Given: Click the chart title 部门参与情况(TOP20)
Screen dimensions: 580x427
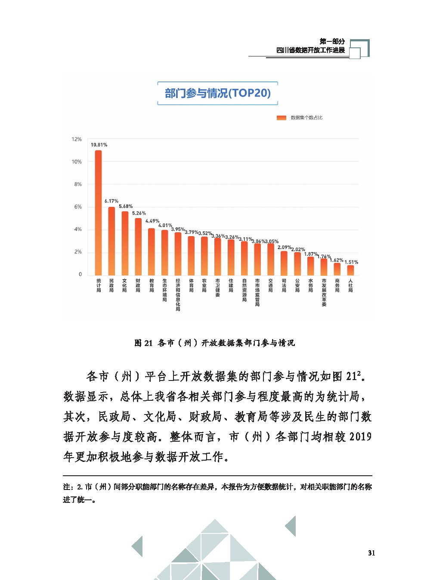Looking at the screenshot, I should pyautogui.click(x=217, y=93).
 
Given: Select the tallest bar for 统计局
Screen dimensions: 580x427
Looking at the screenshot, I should pyautogui.click(x=99, y=212).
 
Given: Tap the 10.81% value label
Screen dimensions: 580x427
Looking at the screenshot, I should pyautogui.click(x=99, y=145).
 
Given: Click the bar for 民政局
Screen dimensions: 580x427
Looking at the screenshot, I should pyautogui.click(x=111, y=241).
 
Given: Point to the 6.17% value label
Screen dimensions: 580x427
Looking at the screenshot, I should pyautogui.click(x=111, y=201).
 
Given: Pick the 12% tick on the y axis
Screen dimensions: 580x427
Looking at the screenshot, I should pyautogui.click(x=77, y=139).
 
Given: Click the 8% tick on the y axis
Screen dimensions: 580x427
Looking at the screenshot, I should pyautogui.click(x=78, y=184).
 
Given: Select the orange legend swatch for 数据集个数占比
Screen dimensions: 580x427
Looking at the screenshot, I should pyautogui.click(x=282, y=118).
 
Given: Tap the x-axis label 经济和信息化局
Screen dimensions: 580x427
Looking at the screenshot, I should pyautogui.click(x=178, y=295).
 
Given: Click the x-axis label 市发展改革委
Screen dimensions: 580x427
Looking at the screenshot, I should pyautogui.click(x=324, y=293).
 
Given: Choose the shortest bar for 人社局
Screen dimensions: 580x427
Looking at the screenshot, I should pyautogui.click(x=351, y=270).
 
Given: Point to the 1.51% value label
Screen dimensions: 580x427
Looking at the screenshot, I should pyautogui.click(x=351, y=262).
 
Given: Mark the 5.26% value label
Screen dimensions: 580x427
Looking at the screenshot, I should pyautogui.click(x=139, y=213).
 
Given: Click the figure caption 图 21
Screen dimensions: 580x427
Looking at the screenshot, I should pyautogui.click(x=143, y=343).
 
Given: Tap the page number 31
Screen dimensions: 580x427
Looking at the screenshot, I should pyautogui.click(x=371, y=553).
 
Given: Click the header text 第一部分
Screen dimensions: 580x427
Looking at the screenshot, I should pyautogui.click(x=332, y=41).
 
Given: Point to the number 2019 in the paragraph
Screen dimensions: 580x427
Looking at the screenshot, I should pyautogui.click(x=360, y=437).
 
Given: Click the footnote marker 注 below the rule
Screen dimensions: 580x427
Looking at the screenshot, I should pyautogui.click(x=67, y=487).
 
